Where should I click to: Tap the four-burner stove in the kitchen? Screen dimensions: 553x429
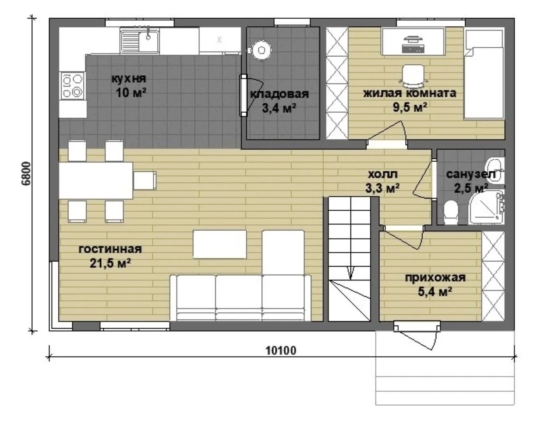[x=73, y=86]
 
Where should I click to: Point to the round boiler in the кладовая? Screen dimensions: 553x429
[x=261, y=50]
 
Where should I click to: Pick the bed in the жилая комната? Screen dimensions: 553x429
[x=484, y=74]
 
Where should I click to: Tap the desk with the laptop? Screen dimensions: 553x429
[x=413, y=41]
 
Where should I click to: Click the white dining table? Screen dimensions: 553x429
[x=96, y=181]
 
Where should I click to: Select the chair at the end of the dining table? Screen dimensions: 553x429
[x=145, y=180]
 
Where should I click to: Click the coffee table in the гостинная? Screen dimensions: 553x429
[x=220, y=244]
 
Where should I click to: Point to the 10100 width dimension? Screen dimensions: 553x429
[x=281, y=351]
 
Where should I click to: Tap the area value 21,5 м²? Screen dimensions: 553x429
[x=110, y=263]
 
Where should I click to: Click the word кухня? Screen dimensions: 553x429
[x=129, y=78]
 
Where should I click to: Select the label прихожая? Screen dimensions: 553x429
[x=435, y=278]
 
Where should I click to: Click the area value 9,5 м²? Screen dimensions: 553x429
[x=410, y=107]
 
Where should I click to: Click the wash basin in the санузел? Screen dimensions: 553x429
[x=495, y=171]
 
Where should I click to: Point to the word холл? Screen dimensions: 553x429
[x=383, y=174]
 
